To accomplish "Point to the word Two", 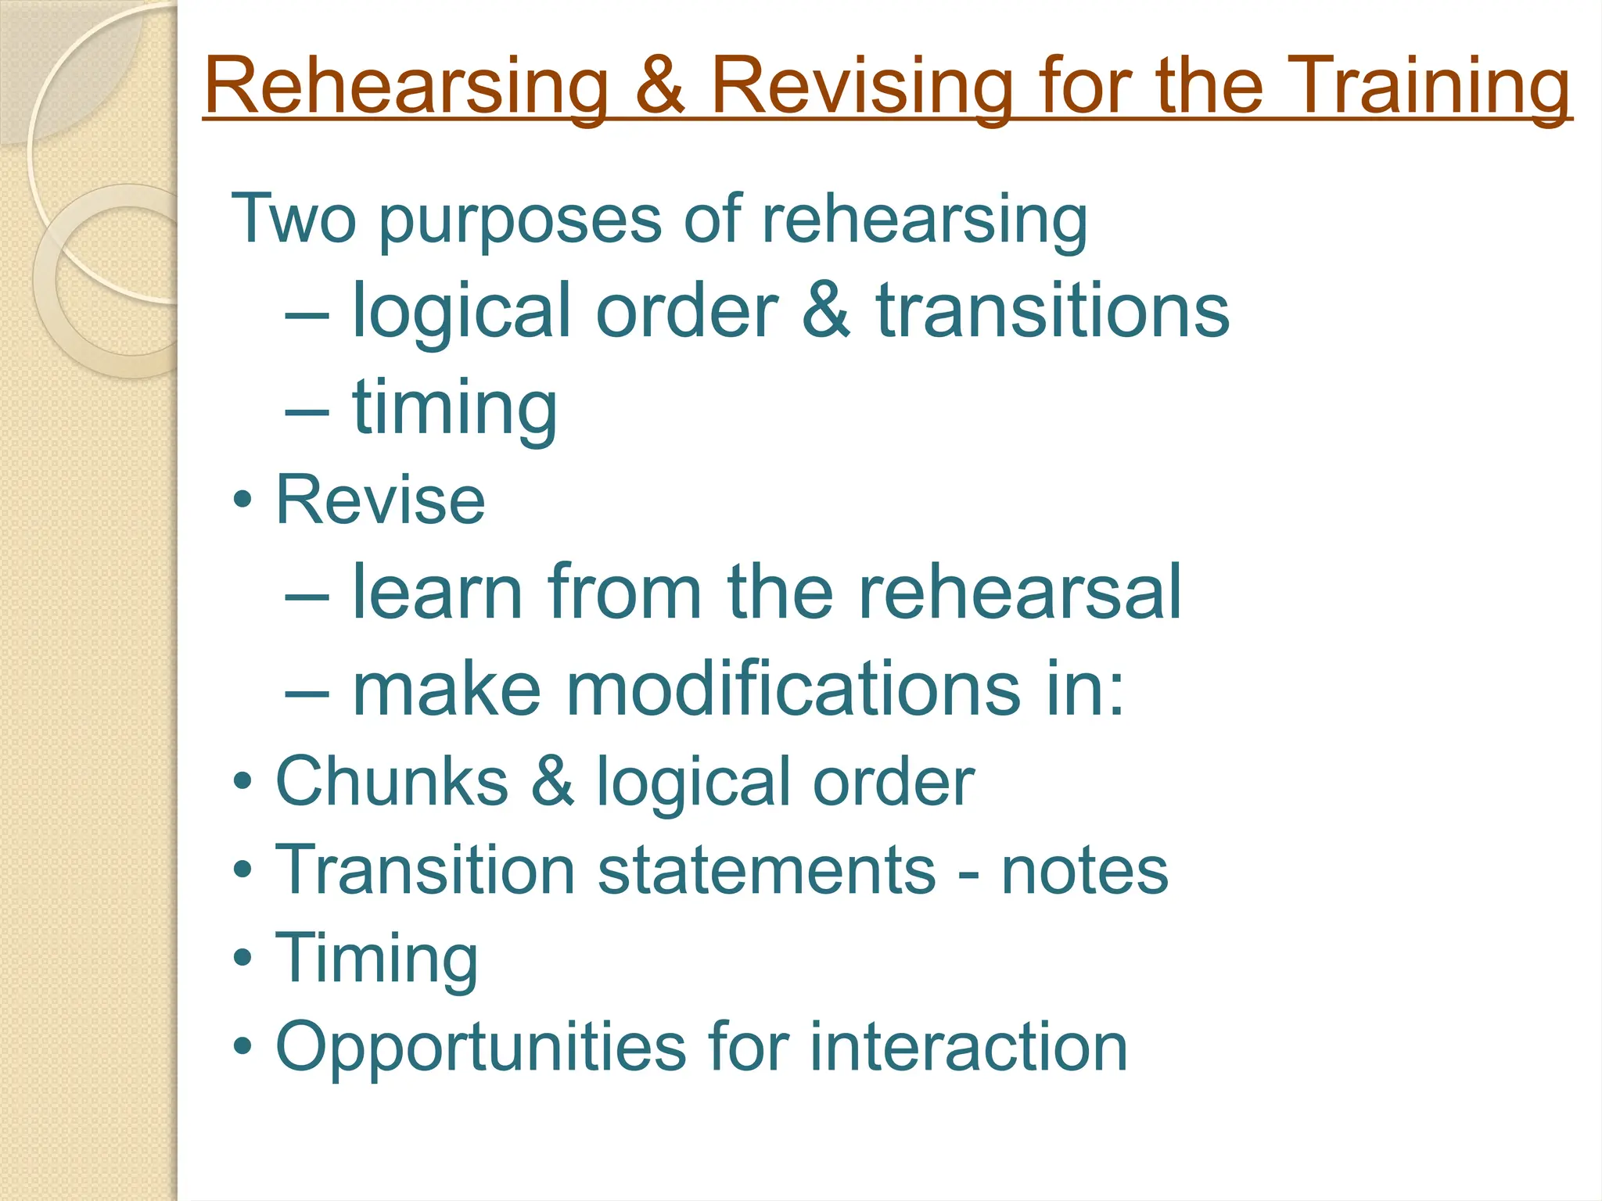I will pos(293,219).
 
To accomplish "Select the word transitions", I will pos(1052,311).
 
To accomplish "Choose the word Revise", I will pos(380,500).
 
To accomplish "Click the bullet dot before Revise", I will pos(242,500).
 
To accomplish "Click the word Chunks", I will pos(392,781).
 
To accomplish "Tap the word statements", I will pos(767,870).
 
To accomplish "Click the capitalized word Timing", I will pos(376,960).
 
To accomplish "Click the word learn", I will pos(437,593).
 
